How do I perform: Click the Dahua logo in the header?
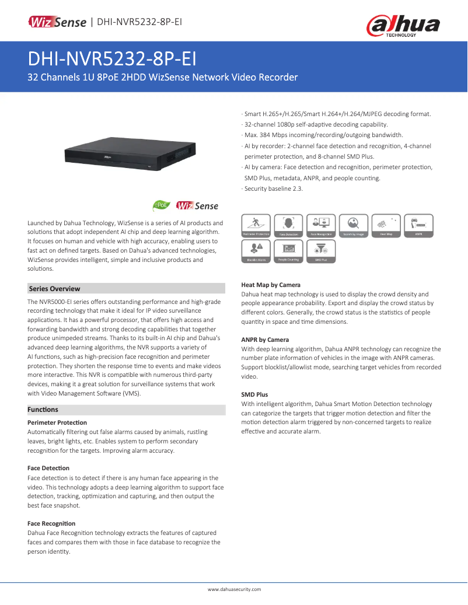403,26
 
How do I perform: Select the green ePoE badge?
161,205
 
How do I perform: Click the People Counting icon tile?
288,251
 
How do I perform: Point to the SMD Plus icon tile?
320,251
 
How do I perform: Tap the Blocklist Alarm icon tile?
256,251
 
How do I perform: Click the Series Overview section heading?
55,289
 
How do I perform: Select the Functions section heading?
43,410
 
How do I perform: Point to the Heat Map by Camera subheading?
271,285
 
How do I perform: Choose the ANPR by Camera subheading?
265,340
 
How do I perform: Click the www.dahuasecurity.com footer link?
234,589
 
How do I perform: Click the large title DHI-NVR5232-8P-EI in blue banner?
112,59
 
